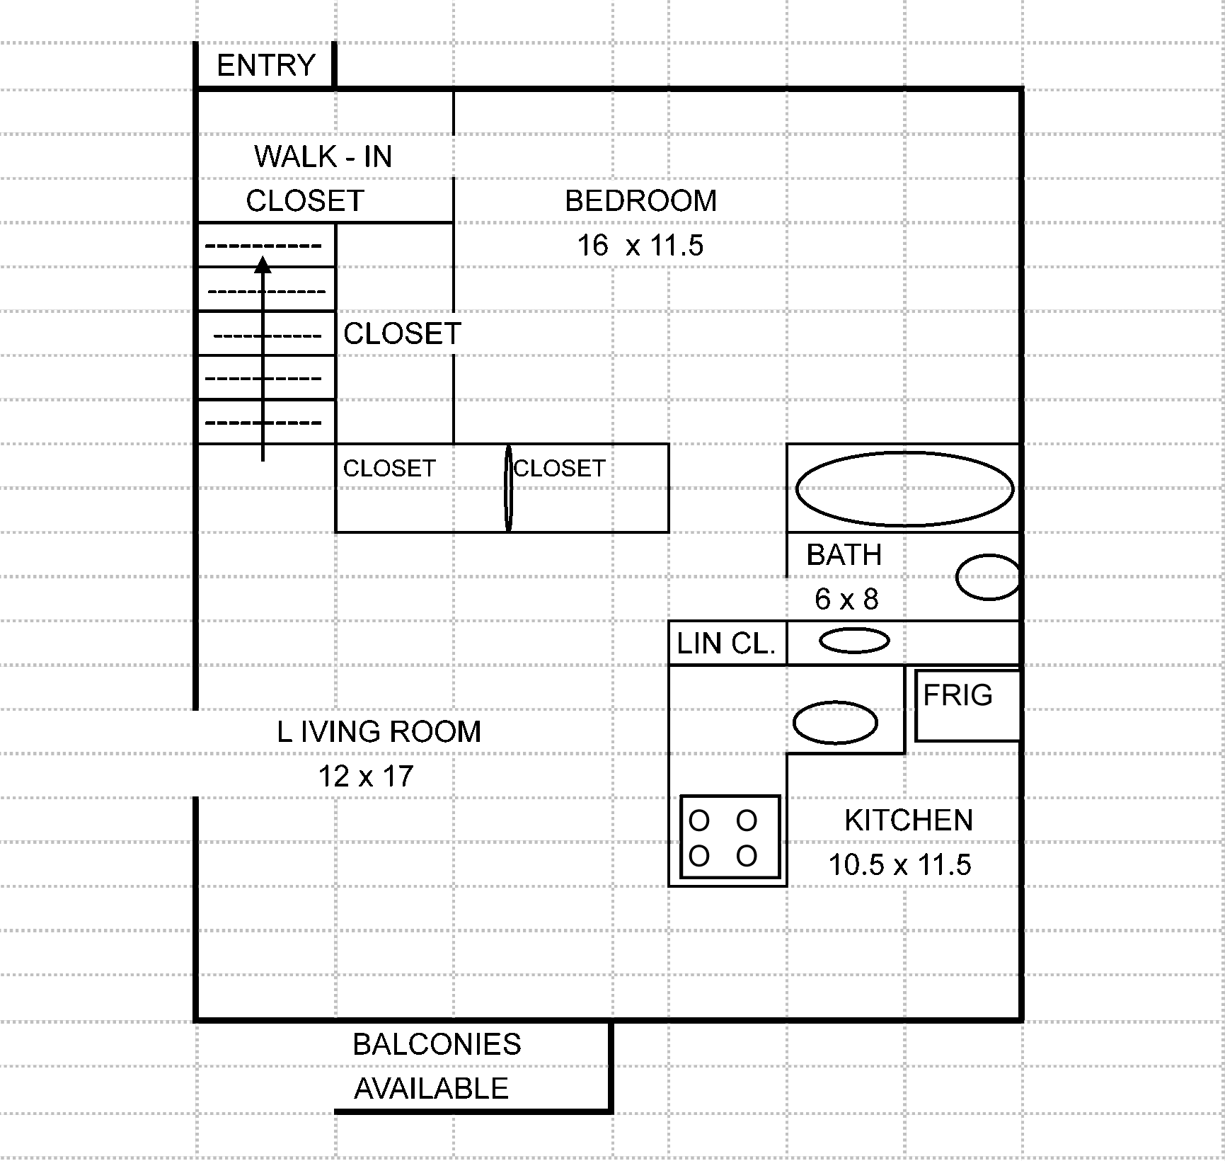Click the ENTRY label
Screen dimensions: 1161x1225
point(265,66)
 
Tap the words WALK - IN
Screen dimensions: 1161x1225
point(323,156)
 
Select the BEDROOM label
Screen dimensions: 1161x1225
point(640,201)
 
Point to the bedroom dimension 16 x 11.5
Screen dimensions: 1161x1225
point(640,246)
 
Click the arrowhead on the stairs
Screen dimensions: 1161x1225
point(263,265)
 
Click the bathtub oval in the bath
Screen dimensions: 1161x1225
point(904,489)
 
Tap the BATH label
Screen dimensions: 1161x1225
point(844,555)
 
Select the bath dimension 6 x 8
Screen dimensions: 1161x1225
point(846,600)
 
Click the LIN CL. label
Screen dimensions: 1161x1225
point(726,644)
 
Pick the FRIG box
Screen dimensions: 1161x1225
point(967,706)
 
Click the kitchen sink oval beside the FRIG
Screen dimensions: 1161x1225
point(835,723)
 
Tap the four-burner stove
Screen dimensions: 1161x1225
point(730,837)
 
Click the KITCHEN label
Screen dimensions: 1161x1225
point(909,820)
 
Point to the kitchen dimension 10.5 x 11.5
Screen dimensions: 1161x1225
point(899,865)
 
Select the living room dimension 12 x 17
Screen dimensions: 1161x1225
point(365,777)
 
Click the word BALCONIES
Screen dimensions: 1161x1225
point(437,1045)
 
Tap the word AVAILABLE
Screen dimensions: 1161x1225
point(431,1089)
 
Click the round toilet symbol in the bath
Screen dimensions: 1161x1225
point(988,578)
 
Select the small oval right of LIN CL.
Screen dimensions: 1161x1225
point(854,641)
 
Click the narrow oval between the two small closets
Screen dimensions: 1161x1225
point(508,488)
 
